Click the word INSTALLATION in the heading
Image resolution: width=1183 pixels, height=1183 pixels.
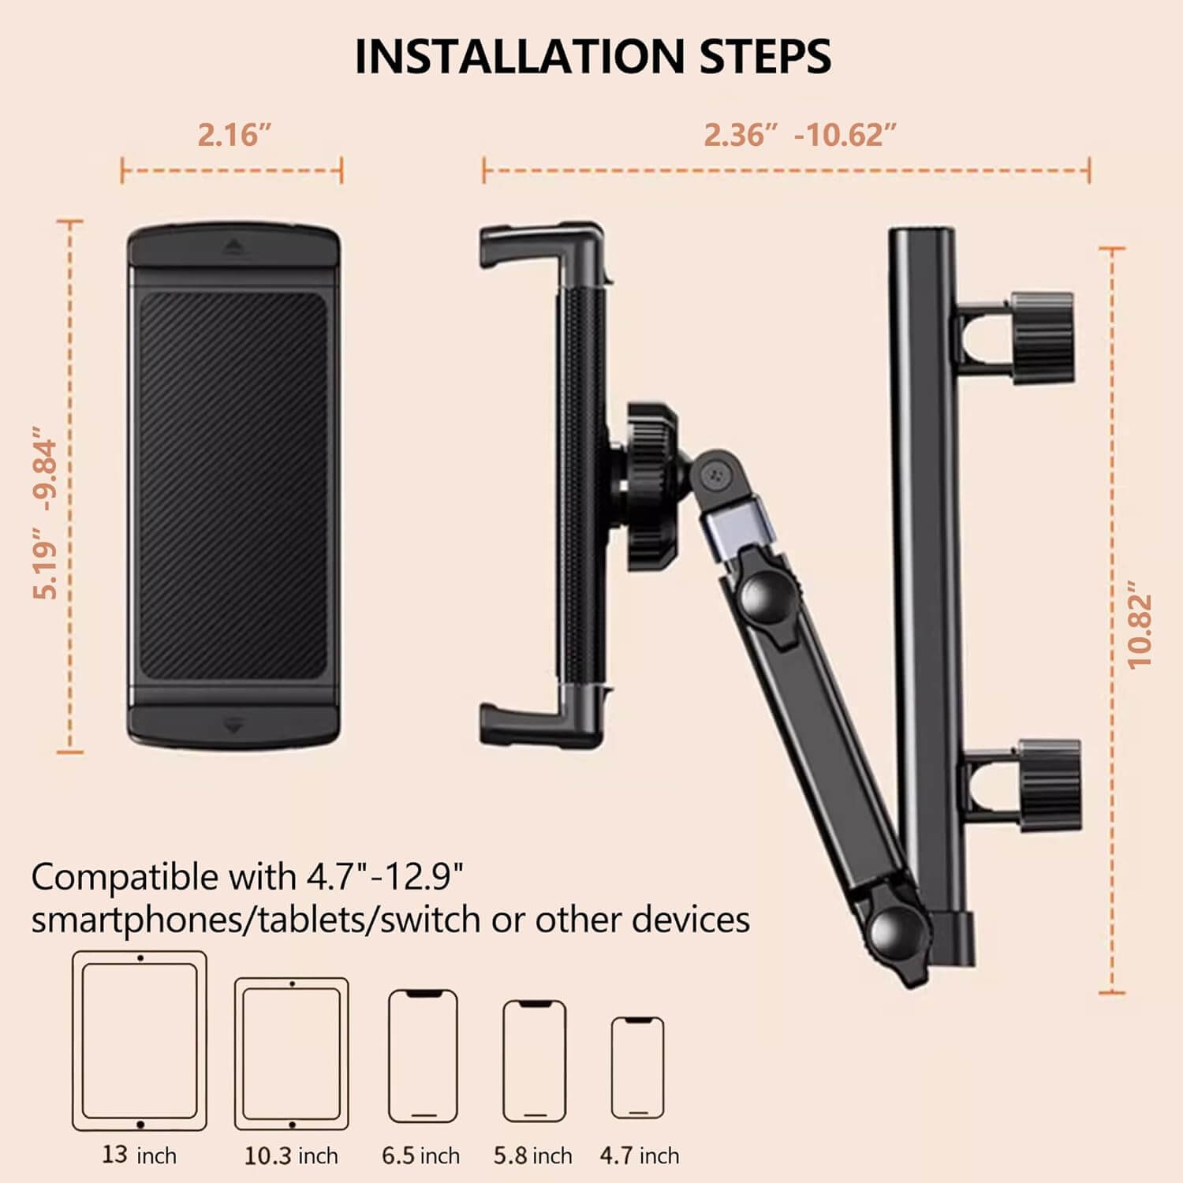[x=519, y=57]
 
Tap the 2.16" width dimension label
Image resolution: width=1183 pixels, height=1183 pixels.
[x=234, y=135]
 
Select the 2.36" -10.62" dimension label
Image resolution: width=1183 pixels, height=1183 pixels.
[x=800, y=135]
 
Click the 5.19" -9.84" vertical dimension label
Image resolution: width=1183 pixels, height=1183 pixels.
[x=47, y=513]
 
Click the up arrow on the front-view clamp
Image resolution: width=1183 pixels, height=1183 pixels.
[x=233, y=246]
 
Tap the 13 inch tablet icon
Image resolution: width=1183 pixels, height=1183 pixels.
[x=140, y=1040]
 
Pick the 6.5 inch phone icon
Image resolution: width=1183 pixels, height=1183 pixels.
[x=423, y=1055]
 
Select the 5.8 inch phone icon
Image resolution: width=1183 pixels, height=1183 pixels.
[x=534, y=1060]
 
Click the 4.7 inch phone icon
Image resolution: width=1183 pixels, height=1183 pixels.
[x=638, y=1067]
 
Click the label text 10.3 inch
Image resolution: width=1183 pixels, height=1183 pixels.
[x=291, y=1156]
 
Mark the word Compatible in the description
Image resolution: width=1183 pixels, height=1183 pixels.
[x=125, y=877]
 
